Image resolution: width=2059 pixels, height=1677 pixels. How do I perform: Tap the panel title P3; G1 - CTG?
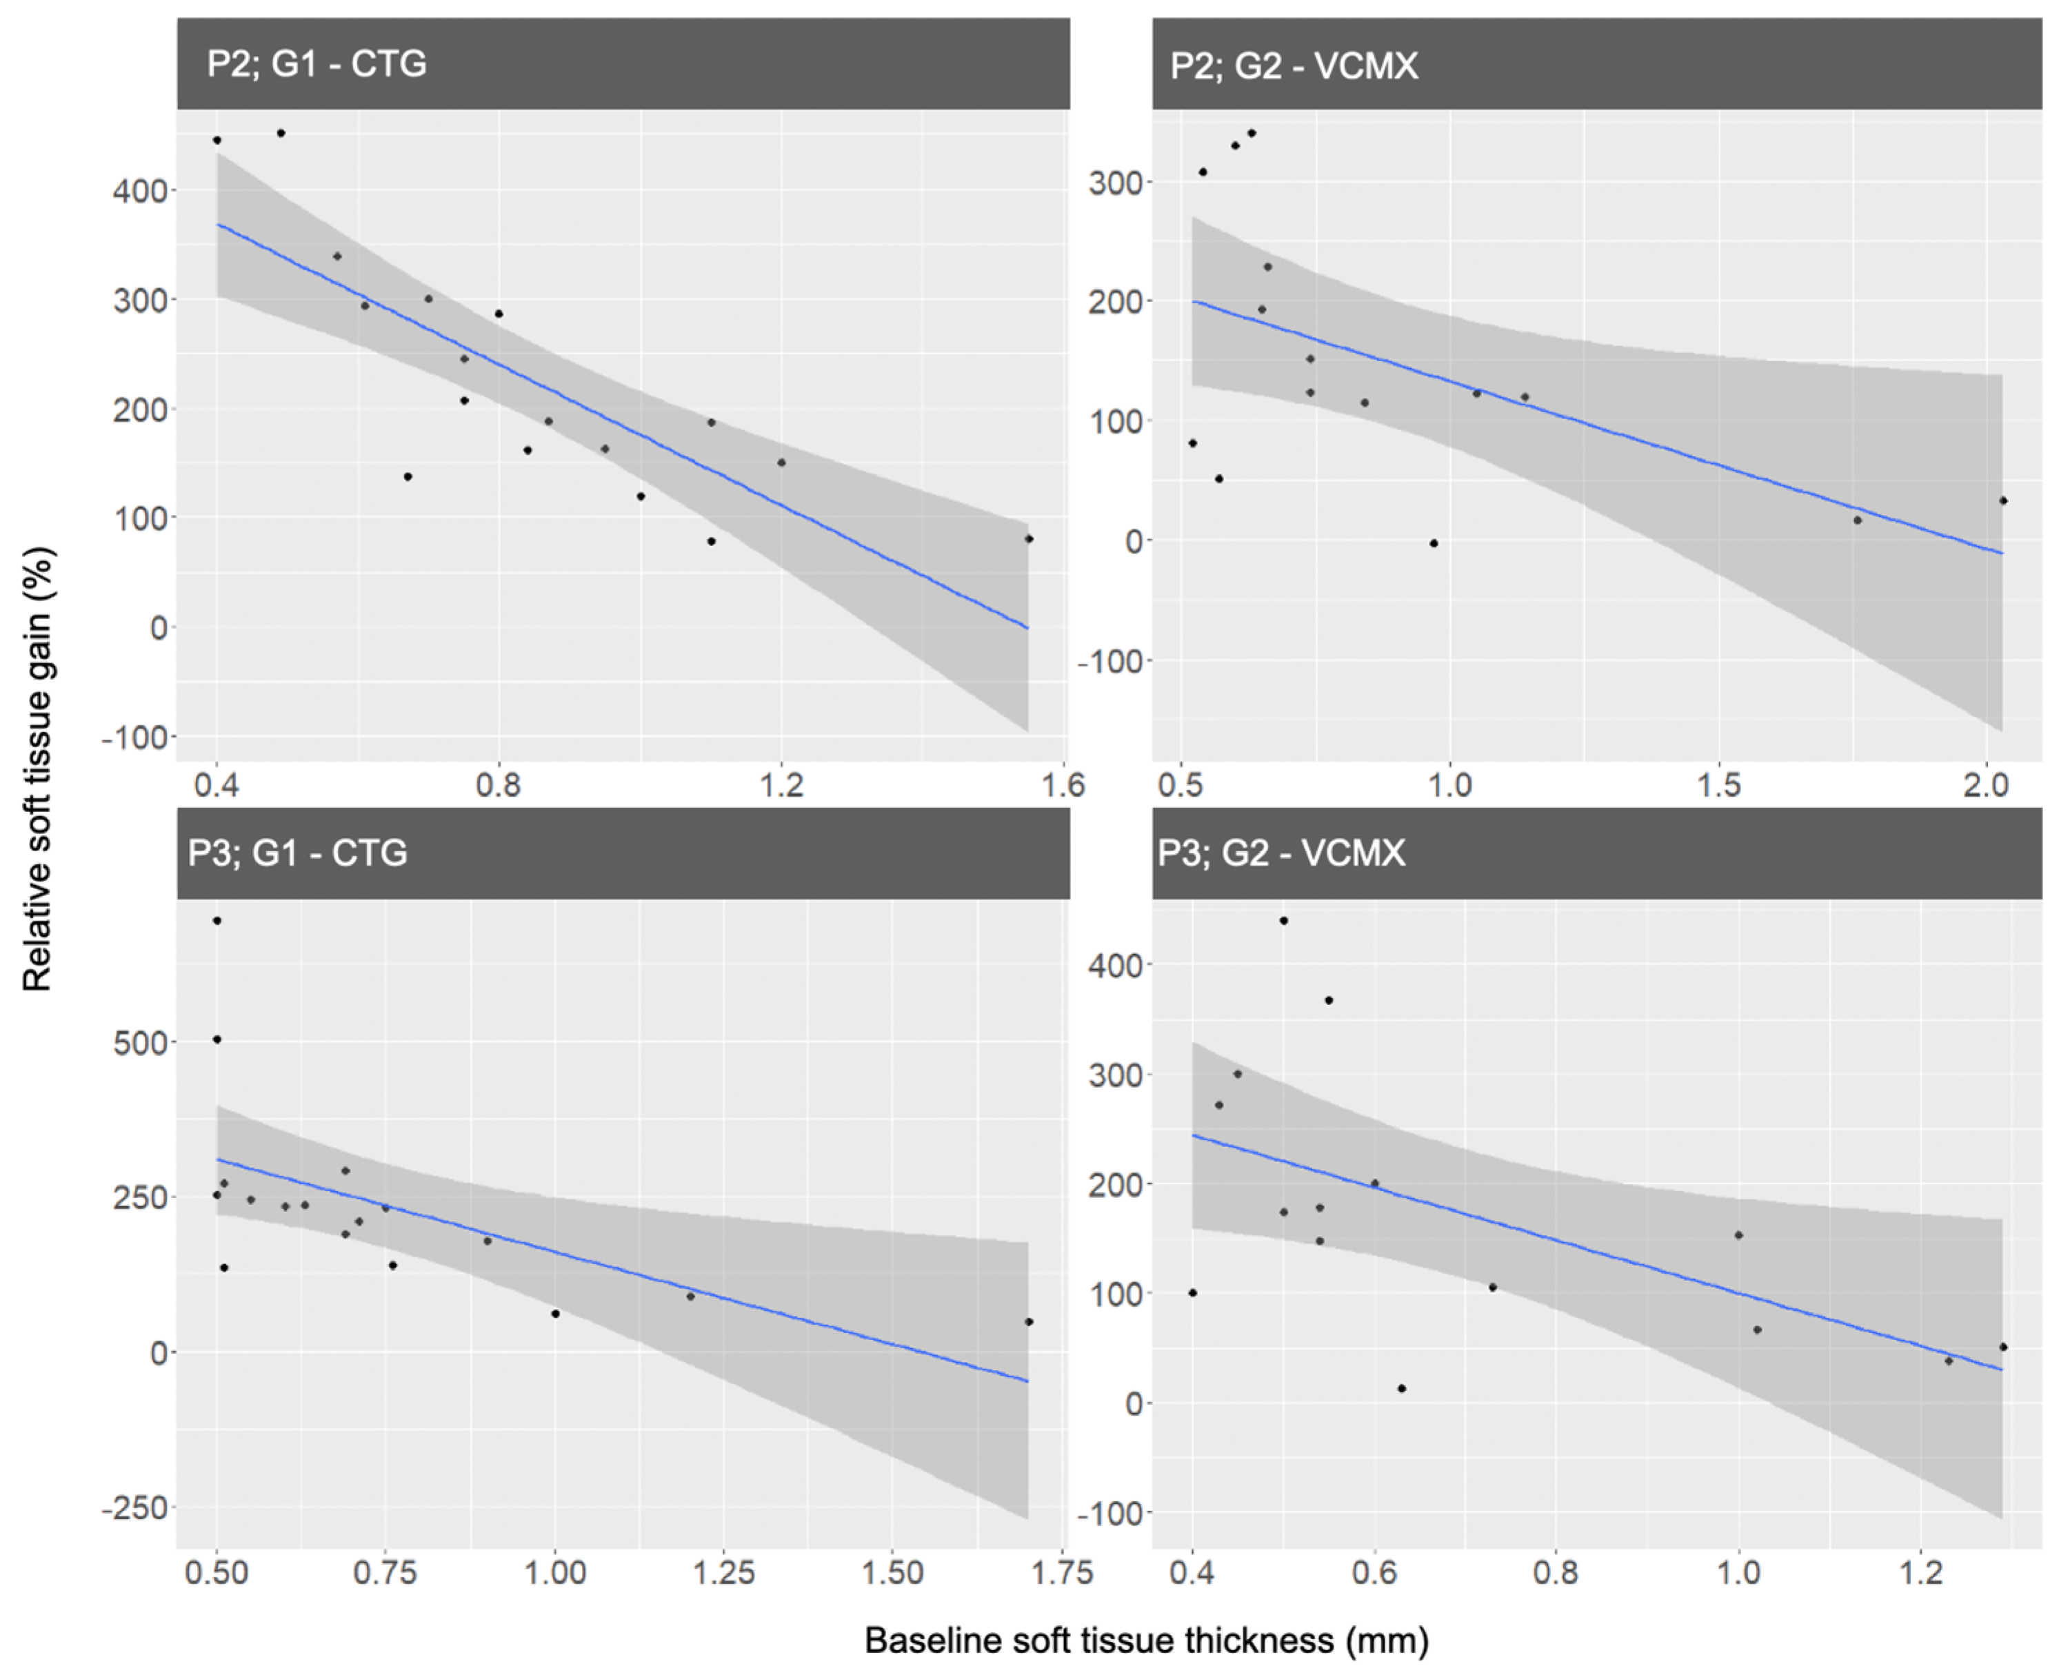pyautogui.click(x=298, y=853)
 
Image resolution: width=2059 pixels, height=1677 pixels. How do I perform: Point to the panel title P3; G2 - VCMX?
pyautogui.click(x=1281, y=853)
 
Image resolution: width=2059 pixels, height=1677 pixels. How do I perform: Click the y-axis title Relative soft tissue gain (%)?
pyautogui.click(x=38, y=770)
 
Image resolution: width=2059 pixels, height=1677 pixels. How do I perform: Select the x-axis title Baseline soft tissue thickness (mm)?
pyautogui.click(x=1146, y=1640)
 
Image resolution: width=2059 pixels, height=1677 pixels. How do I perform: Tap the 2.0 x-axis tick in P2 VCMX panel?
pyautogui.click(x=1987, y=784)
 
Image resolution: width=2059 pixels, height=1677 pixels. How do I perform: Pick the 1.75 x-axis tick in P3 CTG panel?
pyautogui.click(x=1061, y=1573)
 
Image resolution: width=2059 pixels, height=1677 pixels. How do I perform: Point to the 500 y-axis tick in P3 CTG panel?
pyautogui.click(x=141, y=1042)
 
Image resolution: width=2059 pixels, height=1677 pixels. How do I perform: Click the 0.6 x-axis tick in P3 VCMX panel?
pyautogui.click(x=1374, y=1573)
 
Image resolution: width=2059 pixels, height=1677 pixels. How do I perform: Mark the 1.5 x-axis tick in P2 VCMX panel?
pyautogui.click(x=1719, y=784)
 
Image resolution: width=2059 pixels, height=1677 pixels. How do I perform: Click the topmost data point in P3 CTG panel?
pyautogui.click(x=217, y=921)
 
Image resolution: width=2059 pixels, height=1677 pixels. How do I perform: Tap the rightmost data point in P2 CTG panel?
pyautogui.click(x=1029, y=539)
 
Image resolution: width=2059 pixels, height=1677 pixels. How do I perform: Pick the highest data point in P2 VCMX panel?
pyautogui.click(x=1252, y=133)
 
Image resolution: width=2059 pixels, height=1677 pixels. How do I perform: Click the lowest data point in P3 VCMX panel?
pyautogui.click(x=1402, y=1388)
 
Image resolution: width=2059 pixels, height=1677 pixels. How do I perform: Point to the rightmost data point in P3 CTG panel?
pyautogui.click(x=1029, y=1321)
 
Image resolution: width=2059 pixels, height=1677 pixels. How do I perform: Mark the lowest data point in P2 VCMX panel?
pyautogui.click(x=1434, y=544)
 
